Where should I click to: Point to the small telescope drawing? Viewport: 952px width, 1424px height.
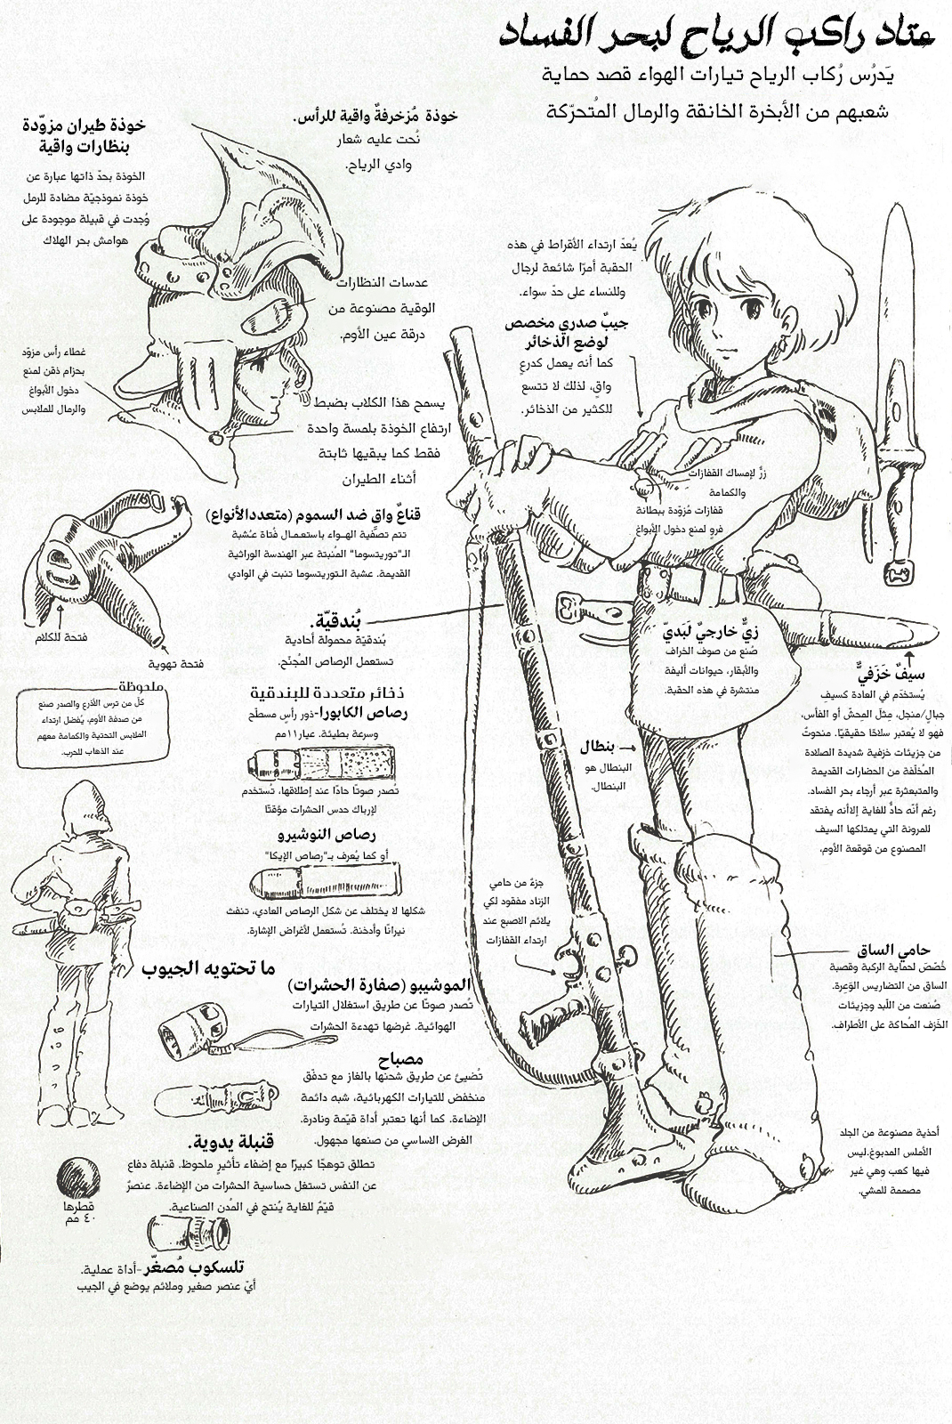click(188, 1233)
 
